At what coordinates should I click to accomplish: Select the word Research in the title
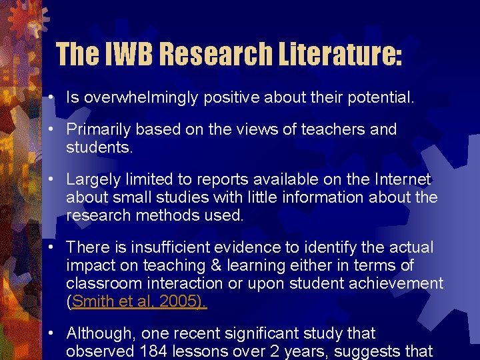tap(212, 53)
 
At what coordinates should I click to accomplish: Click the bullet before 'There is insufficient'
tap(51, 248)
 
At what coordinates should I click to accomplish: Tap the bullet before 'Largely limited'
tap(51, 179)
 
